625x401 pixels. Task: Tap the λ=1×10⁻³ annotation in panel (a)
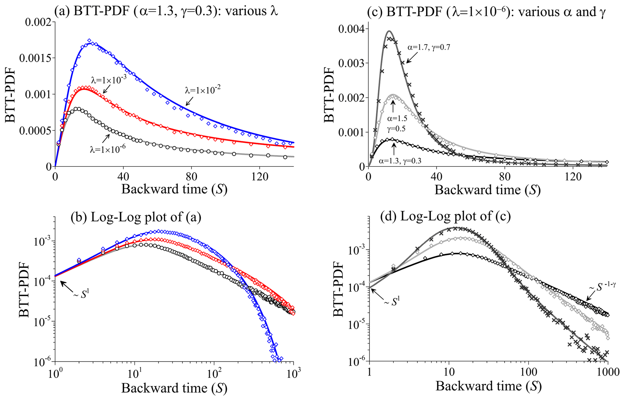[109, 79]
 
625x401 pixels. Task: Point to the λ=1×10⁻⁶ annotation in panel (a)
[107, 149]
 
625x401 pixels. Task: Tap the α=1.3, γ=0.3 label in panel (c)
[400, 161]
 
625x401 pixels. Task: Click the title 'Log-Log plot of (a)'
[136, 217]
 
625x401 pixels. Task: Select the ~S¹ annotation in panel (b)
[81, 294]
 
